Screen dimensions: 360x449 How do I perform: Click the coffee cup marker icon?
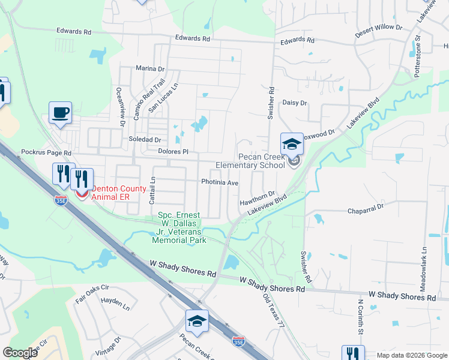[x=60, y=113]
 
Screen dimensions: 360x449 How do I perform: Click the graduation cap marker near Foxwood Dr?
[x=292, y=145]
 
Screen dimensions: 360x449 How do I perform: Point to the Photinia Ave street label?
[x=220, y=182]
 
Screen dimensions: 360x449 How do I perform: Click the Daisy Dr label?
[x=295, y=103]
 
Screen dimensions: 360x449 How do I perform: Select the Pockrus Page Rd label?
[x=46, y=153]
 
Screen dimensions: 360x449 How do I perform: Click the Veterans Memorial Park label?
[x=181, y=228]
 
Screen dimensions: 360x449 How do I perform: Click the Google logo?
[x=20, y=353]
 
